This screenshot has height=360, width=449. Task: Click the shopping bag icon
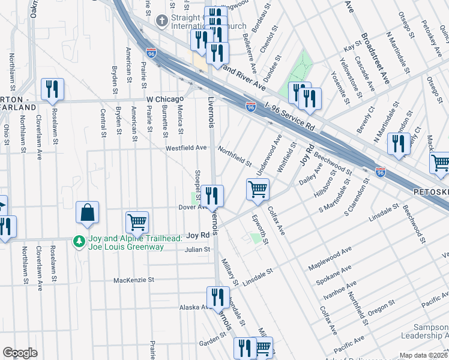[x=88, y=213]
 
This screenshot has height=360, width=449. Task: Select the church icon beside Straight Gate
[x=161, y=21]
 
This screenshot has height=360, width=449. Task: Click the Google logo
[x=20, y=353]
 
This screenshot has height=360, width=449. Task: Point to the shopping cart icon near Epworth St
[x=258, y=190]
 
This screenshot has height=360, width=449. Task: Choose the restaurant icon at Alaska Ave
[x=218, y=297]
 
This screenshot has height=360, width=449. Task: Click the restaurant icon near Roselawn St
[x=52, y=89]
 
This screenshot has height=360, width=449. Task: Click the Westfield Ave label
[x=186, y=147]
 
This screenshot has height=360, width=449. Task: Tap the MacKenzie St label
[x=134, y=280]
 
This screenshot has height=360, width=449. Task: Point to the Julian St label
[x=197, y=249]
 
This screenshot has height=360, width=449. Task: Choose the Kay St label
[x=350, y=47]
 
